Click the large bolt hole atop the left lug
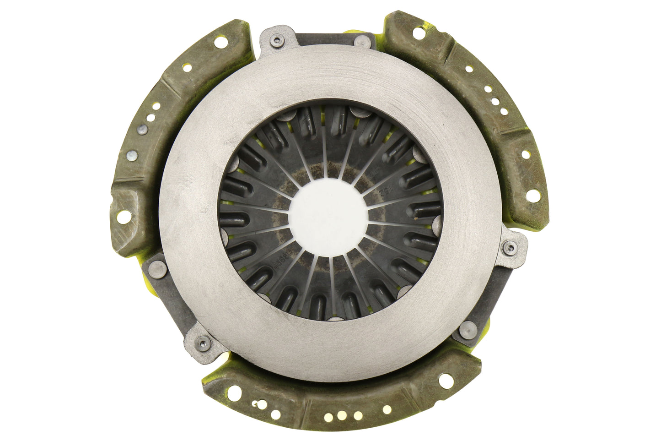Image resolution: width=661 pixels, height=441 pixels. click(x=187, y=67)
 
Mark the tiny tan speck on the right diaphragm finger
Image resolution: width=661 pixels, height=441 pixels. click(x=414, y=218)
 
